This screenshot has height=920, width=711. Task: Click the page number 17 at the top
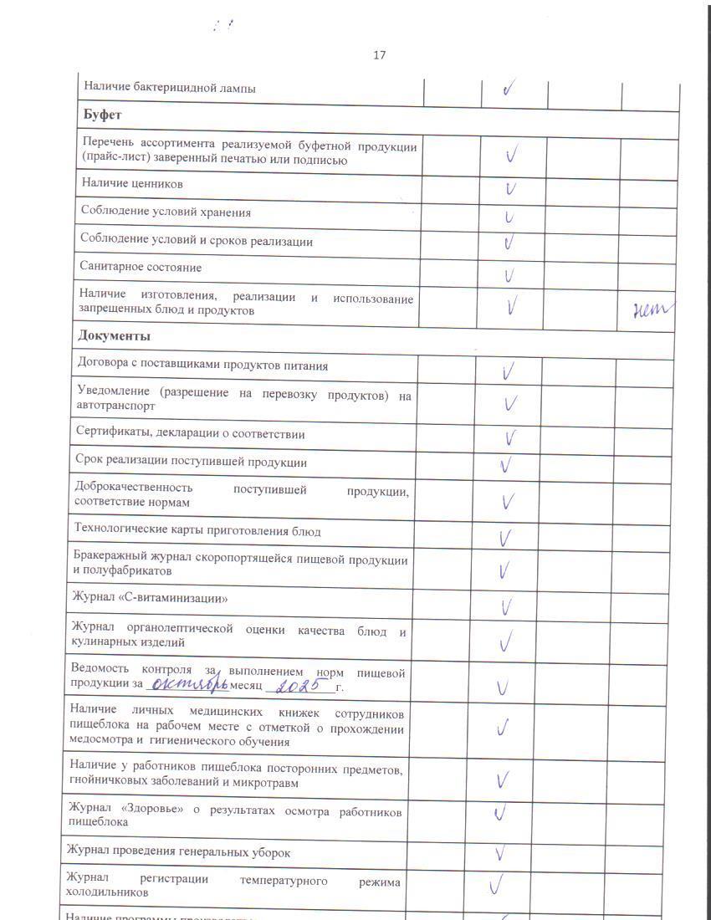(379, 55)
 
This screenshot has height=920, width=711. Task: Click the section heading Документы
(114, 336)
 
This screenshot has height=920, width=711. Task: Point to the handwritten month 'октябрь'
(187, 687)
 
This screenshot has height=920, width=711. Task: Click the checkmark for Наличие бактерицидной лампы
(509, 88)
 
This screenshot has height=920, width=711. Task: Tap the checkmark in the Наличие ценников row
(509, 187)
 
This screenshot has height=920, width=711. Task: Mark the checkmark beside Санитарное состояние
(509, 274)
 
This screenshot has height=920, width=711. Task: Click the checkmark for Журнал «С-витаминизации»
(506, 606)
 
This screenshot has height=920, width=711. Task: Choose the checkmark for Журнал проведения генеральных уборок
(500, 854)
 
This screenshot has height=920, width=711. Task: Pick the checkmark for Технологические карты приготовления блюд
(505, 537)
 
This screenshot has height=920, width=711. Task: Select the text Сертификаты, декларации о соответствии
(190, 434)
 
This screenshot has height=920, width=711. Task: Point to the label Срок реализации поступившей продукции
(191, 462)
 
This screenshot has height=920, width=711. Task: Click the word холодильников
(107, 892)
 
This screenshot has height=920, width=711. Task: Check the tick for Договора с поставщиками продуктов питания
(508, 371)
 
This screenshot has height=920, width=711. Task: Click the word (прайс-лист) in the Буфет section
(114, 159)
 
